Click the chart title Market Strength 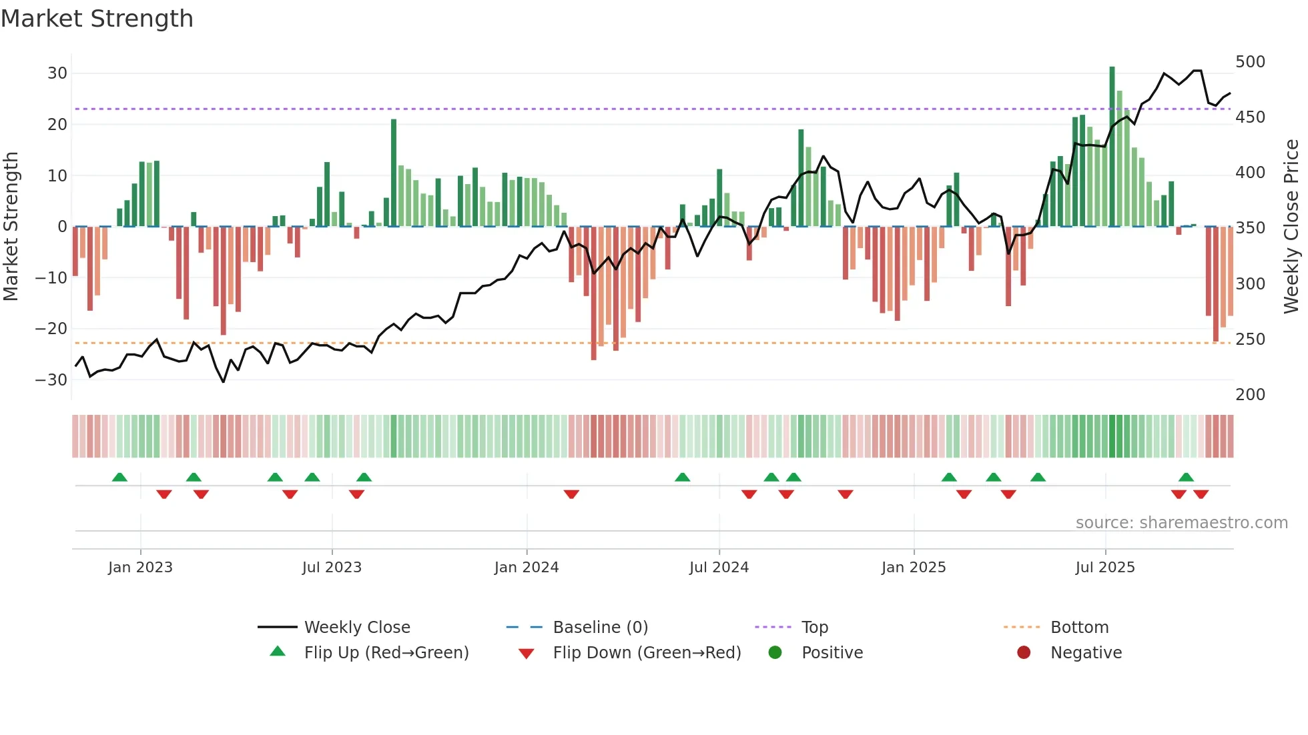97,19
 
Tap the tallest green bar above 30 1112,147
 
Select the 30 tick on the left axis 57,73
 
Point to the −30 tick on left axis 51,380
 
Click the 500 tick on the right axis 1250,62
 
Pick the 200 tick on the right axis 1250,395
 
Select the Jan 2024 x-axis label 527,568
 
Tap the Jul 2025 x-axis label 1105,568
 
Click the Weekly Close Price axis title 1291,227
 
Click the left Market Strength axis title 11,227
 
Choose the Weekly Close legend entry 357,628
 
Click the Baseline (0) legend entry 600,628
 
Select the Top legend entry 814,628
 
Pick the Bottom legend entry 1079,628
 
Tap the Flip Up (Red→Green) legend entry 386,653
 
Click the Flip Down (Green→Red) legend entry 647,653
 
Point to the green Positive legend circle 775,653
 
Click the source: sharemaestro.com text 1181,523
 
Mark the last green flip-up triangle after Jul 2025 1186,478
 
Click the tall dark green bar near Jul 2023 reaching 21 394,173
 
